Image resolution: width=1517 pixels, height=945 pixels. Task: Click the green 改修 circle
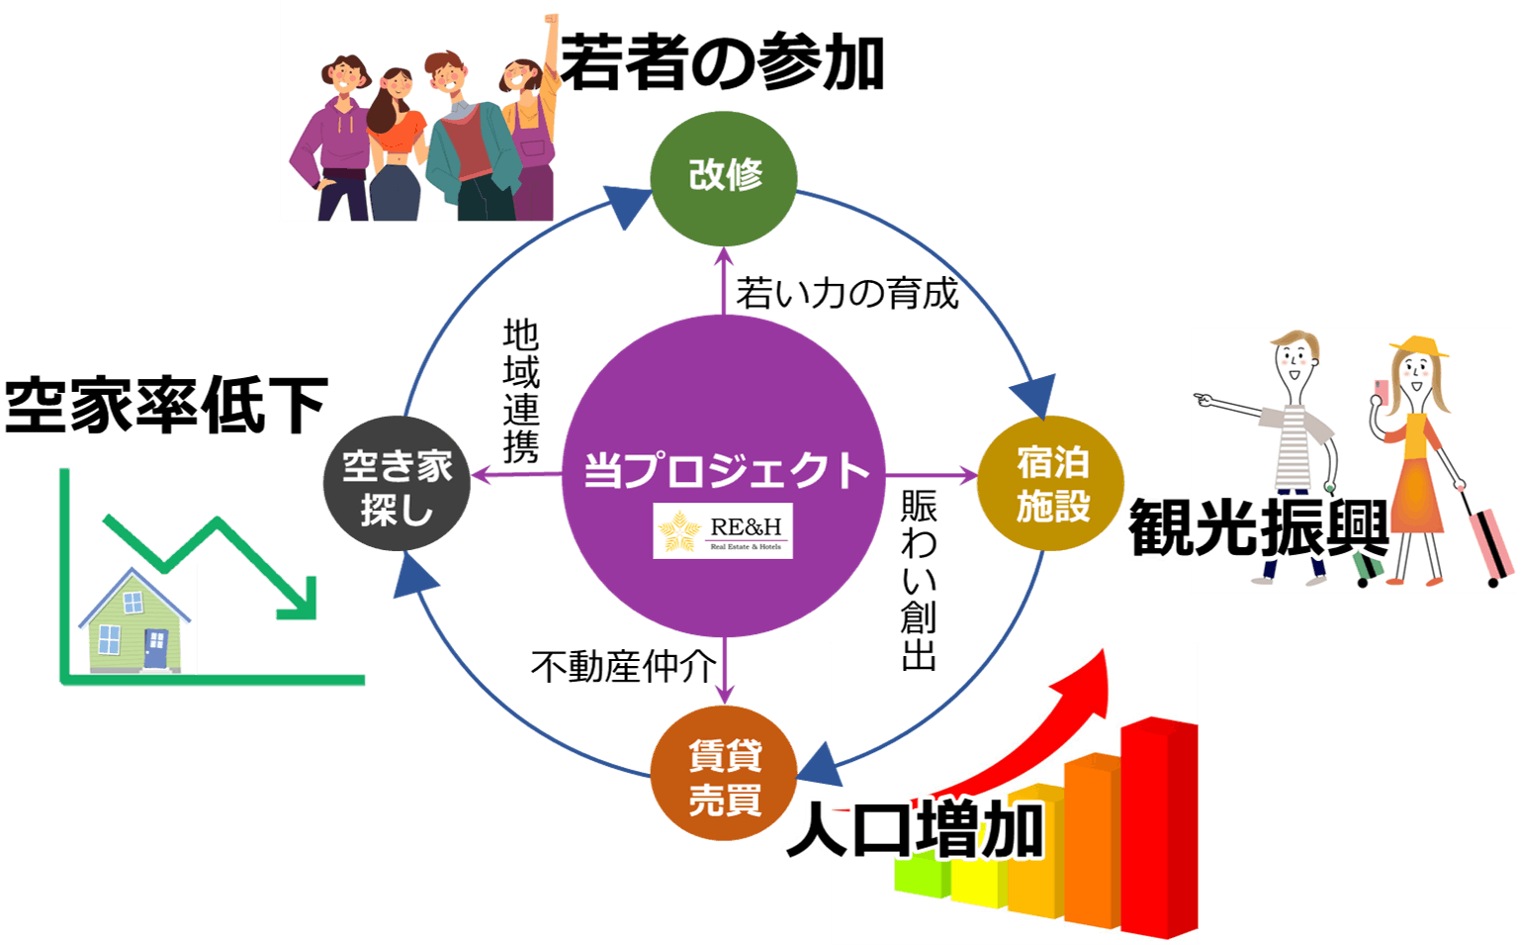pyautogui.click(x=724, y=178)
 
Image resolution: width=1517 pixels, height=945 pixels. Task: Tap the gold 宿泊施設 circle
pyautogui.click(x=1050, y=484)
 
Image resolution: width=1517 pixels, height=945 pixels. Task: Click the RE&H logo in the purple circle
pyautogui.click(x=723, y=531)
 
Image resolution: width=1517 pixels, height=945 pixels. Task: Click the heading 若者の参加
pyautogui.click(x=722, y=63)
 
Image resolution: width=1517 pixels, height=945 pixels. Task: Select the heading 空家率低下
pyautogui.click(x=166, y=406)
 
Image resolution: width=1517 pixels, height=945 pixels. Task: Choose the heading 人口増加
pyautogui.click(x=915, y=829)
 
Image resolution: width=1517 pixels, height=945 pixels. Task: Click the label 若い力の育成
pyautogui.click(x=847, y=293)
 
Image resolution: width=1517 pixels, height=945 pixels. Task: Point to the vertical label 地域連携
pyautogui.click(x=521, y=391)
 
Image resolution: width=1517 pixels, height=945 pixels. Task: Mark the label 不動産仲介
pyautogui.click(x=623, y=667)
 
